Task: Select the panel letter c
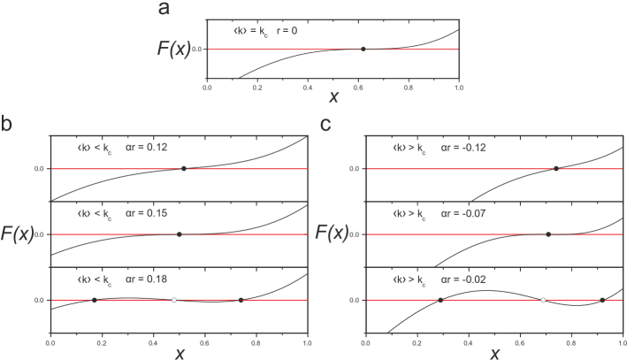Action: click(325, 125)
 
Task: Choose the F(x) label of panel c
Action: click(335, 234)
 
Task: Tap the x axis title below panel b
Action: click(180, 352)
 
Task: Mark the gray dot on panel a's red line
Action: click(363, 50)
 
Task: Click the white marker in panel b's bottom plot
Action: click(174, 300)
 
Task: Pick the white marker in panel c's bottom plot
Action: click(543, 300)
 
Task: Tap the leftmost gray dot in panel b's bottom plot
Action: click(94, 300)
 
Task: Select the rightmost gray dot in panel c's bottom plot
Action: click(602, 300)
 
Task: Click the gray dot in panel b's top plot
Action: click(183, 168)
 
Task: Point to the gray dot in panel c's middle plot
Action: click(548, 234)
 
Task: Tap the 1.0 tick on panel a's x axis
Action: click(458, 88)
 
